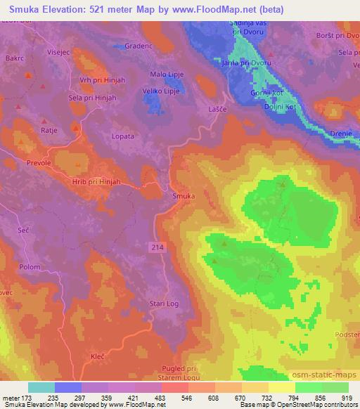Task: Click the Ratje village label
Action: click(49, 131)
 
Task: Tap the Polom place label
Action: click(29, 267)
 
